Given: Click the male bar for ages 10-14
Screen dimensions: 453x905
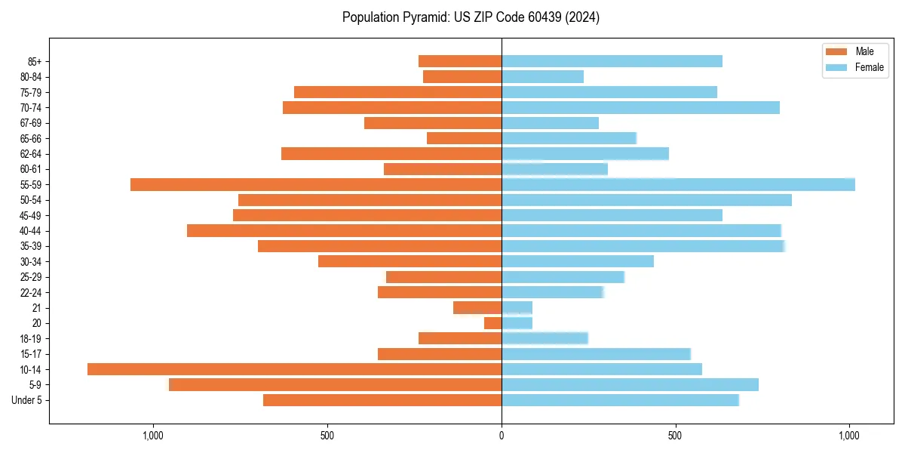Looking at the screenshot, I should (x=294, y=369).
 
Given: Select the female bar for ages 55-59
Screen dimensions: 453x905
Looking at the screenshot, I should (x=678, y=184).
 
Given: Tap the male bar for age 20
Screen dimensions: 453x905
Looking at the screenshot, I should (x=492, y=323).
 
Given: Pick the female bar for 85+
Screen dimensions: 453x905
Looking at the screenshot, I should (x=612, y=61).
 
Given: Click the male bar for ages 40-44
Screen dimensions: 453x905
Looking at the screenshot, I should (x=344, y=230).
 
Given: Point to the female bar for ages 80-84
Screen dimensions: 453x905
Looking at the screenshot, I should (x=542, y=76).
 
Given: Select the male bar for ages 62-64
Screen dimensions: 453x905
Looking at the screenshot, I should (x=391, y=153).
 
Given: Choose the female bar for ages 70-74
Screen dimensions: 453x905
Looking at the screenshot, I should (x=640, y=107).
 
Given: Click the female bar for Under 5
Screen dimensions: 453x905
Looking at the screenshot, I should (x=620, y=400).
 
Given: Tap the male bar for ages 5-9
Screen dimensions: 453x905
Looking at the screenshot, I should (x=336, y=384).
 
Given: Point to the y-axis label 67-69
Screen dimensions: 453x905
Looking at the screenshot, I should (x=31, y=123).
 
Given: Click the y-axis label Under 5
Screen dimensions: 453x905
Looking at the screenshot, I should (x=26, y=400).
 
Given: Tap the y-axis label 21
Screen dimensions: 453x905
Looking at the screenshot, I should (x=37, y=308).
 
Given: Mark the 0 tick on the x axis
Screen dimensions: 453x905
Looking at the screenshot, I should (x=502, y=436).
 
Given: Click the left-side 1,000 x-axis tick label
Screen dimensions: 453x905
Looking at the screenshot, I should (x=153, y=436).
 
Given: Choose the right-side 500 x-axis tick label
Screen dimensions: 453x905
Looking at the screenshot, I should (x=676, y=436).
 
